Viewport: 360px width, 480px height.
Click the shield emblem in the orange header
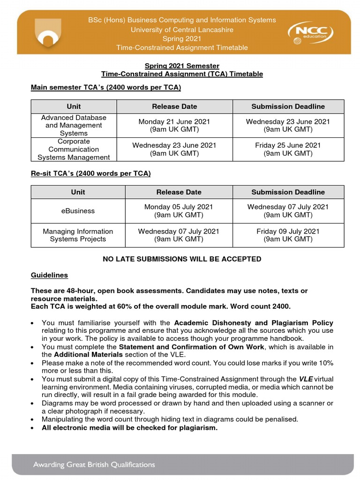click(x=48, y=34)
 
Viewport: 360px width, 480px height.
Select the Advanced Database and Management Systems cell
click(x=74, y=125)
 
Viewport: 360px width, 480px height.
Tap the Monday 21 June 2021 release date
click(x=174, y=125)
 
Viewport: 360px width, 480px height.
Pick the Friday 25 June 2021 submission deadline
click(x=288, y=149)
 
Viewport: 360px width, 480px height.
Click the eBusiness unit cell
click(x=78, y=211)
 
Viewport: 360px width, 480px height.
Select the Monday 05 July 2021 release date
click(x=179, y=211)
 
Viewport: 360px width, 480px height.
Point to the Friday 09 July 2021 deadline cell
click(x=288, y=235)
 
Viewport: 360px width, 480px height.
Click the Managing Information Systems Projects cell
click(x=78, y=235)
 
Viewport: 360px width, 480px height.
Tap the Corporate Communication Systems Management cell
click(x=74, y=149)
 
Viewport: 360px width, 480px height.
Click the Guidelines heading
click(x=49, y=275)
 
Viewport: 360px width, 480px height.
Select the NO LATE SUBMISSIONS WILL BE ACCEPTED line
click(x=182, y=259)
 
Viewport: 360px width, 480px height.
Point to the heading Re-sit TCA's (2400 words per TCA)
click(x=90, y=173)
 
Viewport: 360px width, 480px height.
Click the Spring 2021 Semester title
click(x=182, y=66)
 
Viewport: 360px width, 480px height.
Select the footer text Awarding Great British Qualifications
click(x=94, y=465)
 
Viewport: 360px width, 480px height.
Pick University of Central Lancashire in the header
click(x=182, y=30)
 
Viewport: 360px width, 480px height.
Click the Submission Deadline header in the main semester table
click(x=288, y=106)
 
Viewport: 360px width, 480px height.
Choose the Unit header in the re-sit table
click(x=78, y=192)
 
